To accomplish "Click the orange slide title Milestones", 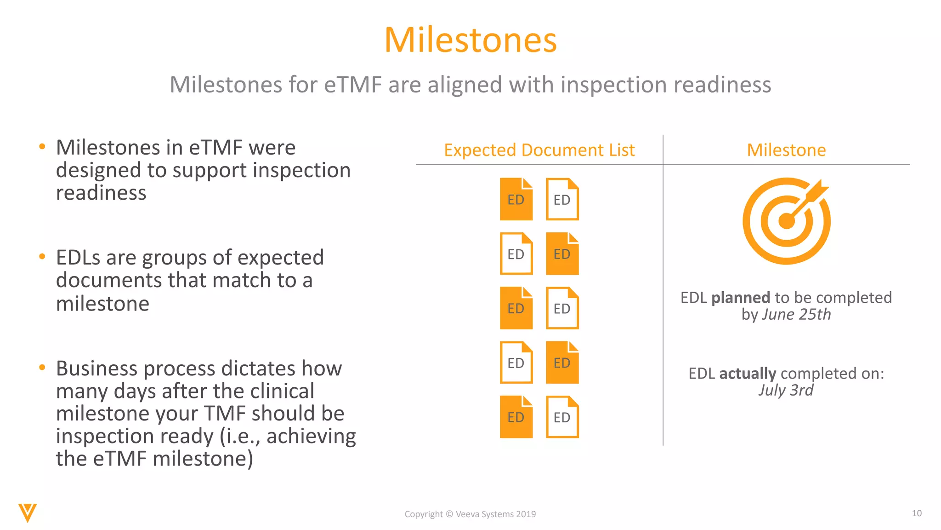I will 470,40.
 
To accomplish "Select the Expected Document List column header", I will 539,150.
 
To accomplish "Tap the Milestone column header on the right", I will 786,150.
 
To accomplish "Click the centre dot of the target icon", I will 787,221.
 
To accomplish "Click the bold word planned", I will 740,298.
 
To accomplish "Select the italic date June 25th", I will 796,315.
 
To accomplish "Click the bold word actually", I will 748,373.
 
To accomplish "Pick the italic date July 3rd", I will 786,390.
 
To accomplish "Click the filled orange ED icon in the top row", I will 516,200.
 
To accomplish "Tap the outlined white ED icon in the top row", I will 562,200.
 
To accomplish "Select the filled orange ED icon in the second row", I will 562,254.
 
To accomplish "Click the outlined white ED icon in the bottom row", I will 562,417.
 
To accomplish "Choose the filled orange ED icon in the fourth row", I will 562,363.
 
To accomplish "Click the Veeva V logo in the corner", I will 28,513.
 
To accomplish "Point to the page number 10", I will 916,513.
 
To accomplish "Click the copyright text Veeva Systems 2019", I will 495,514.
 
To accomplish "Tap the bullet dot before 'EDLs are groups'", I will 42,257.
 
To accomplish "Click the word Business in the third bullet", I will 96,369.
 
